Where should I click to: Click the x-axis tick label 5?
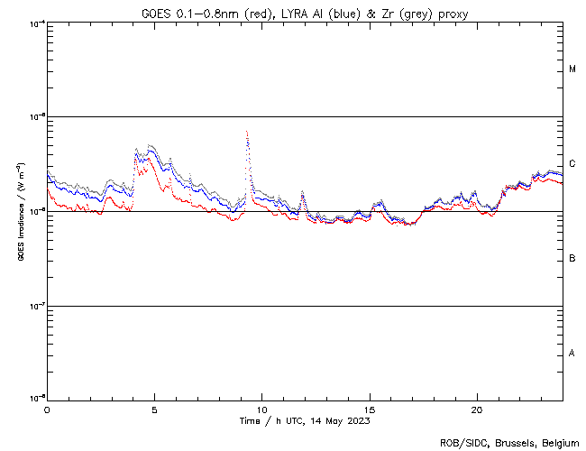[x=154, y=410]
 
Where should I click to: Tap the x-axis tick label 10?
[x=261, y=410]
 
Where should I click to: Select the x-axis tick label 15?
[x=370, y=410]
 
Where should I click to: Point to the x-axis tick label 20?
[x=477, y=410]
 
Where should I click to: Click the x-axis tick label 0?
[x=47, y=410]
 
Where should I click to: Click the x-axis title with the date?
[x=304, y=421]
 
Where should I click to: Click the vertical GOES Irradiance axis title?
[x=19, y=212]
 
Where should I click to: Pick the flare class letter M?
[x=572, y=69]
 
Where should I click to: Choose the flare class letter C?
[x=572, y=164]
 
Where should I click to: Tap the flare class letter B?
[x=572, y=259]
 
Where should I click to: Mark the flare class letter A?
[x=572, y=354]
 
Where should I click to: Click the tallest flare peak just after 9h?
[x=247, y=133]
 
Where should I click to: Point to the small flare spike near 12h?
[x=302, y=192]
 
